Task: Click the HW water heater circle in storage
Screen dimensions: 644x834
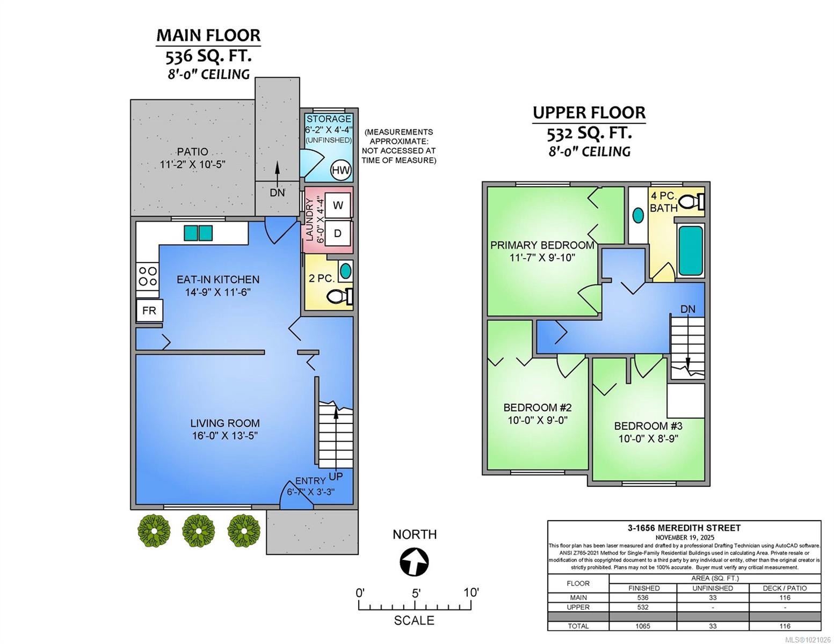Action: point(340,171)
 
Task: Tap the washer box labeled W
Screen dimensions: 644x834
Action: point(338,205)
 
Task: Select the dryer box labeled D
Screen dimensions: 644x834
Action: point(338,233)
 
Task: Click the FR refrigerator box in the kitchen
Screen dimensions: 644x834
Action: point(149,311)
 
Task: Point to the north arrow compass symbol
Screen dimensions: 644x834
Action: point(414,562)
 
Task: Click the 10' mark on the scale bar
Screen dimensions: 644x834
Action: point(472,593)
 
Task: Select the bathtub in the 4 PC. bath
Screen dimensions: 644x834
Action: point(690,250)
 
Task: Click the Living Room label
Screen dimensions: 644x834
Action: point(226,423)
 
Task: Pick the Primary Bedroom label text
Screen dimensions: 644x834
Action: point(542,245)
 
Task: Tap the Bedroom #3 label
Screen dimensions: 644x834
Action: point(648,426)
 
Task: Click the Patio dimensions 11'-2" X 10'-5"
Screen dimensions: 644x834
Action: point(192,164)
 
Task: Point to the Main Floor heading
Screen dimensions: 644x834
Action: point(208,35)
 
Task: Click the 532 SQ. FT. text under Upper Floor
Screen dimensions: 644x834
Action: point(589,133)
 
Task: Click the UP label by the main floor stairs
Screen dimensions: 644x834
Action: point(336,476)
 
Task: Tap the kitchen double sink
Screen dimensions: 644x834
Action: point(198,233)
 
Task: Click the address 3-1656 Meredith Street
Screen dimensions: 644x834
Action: point(684,528)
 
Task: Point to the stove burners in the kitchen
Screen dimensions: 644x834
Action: point(148,276)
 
